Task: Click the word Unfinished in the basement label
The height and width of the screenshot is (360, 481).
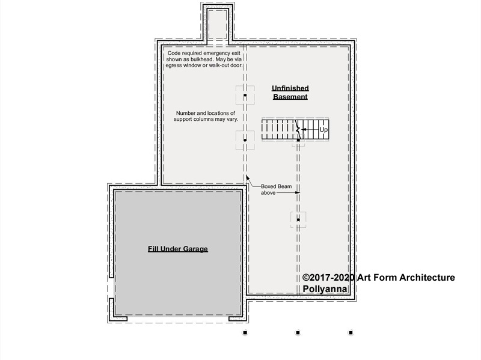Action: tap(290, 88)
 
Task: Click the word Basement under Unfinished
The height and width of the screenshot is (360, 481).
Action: tap(290, 97)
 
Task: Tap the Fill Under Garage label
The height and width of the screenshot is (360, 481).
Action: tap(178, 249)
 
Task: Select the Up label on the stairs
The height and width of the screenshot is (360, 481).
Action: tap(323, 130)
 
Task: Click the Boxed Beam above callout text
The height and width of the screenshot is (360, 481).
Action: tap(276, 189)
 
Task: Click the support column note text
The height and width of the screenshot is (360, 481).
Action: tap(206, 116)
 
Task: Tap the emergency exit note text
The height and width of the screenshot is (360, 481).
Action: tap(204, 59)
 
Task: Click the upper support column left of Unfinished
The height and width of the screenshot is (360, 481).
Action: tap(245, 96)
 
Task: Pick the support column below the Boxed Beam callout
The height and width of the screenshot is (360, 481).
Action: tap(298, 219)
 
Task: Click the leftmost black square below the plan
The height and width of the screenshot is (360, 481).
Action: tap(245, 333)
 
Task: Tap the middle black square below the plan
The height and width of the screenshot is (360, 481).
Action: tap(298, 333)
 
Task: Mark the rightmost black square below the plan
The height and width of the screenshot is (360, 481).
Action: tap(351, 333)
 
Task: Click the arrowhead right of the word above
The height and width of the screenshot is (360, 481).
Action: tap(298, 192)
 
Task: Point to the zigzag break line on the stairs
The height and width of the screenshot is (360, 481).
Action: tap(298, 129)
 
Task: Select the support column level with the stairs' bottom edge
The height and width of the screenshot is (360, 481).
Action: tap(245, 140)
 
